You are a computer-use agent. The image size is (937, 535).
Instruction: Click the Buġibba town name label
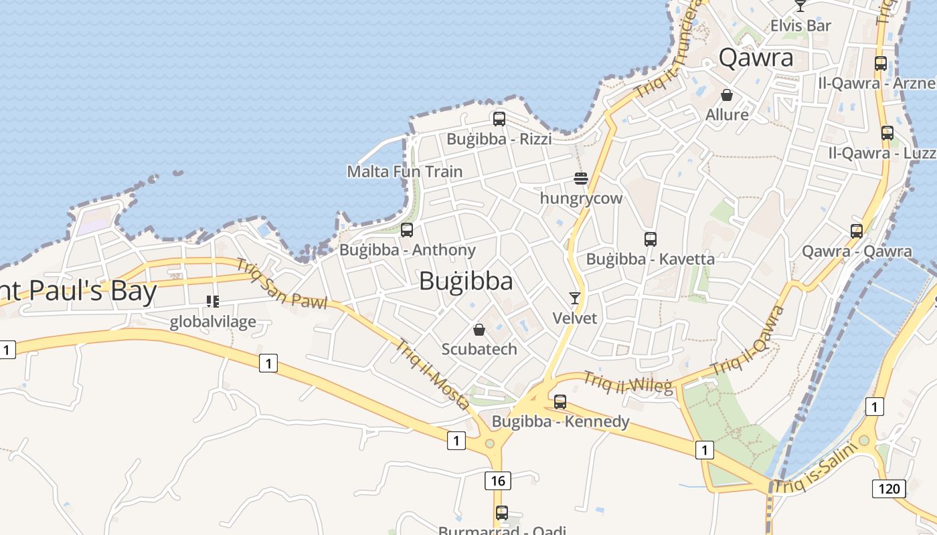tap(466, 282)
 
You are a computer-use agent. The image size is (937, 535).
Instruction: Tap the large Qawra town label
tap(756, 58)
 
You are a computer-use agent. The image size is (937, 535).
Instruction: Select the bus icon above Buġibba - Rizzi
tap(499, 120)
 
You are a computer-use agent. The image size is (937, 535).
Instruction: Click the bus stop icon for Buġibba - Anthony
tap(407, 230)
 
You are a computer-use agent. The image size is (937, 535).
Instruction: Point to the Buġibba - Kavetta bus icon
tap(650, 239)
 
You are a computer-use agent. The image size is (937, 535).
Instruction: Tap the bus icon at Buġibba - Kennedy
tap(560, 402)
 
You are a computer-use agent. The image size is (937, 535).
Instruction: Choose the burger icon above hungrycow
tap(581, 179)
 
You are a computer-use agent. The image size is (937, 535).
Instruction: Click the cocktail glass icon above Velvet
tap(574, 298)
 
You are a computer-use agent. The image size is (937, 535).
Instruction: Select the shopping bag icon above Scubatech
tap(479, 330)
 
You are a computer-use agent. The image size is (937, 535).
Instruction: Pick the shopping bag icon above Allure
tap(727, 96)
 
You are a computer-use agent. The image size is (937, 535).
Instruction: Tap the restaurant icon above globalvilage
tap(213, 302)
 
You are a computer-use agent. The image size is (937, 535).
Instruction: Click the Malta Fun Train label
tap(404, 172)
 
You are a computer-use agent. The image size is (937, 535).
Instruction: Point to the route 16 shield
tap(497, 480)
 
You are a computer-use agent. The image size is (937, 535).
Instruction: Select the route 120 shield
tap(889, 489)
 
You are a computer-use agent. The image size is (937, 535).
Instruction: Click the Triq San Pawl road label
tap(281, 284)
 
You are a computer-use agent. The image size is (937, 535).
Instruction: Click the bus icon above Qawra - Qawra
tap(857, 231)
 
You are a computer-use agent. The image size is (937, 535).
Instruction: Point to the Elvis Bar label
tap(800, 26)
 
